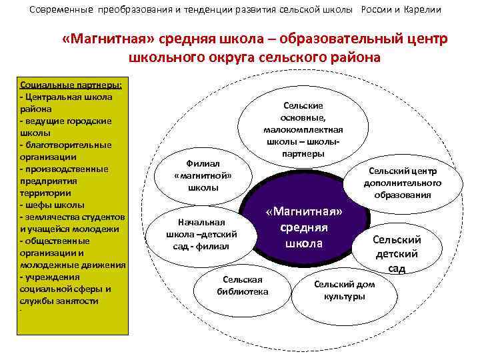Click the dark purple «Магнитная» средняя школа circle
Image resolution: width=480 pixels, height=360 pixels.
coord(304,227)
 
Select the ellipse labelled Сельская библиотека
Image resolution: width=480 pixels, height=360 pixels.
coord(243,285)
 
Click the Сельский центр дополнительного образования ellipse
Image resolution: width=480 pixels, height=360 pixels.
coord(402,182)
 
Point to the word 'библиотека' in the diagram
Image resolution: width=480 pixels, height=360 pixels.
coord(243,291)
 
